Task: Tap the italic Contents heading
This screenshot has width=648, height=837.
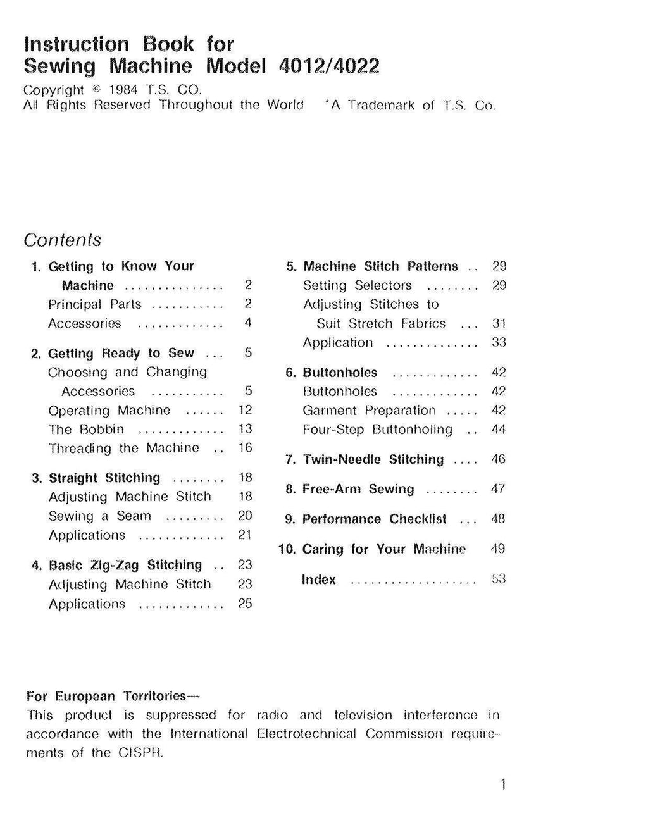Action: click(62, 240)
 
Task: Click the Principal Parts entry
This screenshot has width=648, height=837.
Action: click(95, 304)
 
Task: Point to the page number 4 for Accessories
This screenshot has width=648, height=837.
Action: click(248, 323)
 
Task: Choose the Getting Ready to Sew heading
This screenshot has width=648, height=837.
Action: click(121, 353)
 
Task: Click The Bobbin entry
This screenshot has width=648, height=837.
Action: click(86, 429)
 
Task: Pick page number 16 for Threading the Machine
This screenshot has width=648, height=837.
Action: click(246, 448)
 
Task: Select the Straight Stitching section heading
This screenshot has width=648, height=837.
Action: click(104, 478)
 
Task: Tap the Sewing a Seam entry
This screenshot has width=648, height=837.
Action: click(100, 516)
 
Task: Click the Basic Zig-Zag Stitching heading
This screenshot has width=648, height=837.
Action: click(125, 565)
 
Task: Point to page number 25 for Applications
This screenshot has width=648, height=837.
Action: click(245, 604)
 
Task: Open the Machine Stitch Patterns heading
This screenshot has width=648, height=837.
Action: click(380, 266)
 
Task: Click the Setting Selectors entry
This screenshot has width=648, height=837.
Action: click(357, 285)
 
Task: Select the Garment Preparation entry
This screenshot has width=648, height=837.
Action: click(369, 411)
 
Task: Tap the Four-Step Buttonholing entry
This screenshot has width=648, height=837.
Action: click(377, 430)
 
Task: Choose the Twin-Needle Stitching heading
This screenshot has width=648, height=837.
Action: click(373, 459)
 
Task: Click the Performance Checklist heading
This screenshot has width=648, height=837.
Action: click(374, 519)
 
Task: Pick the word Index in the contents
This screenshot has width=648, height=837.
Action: click(319, 580)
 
